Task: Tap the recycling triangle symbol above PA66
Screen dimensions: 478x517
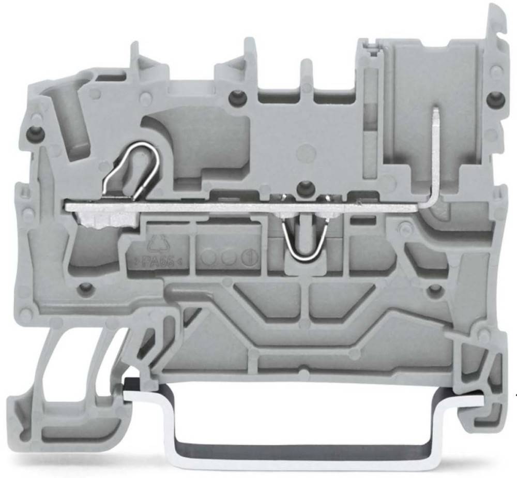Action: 157,242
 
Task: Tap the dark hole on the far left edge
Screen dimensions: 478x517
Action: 36,132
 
